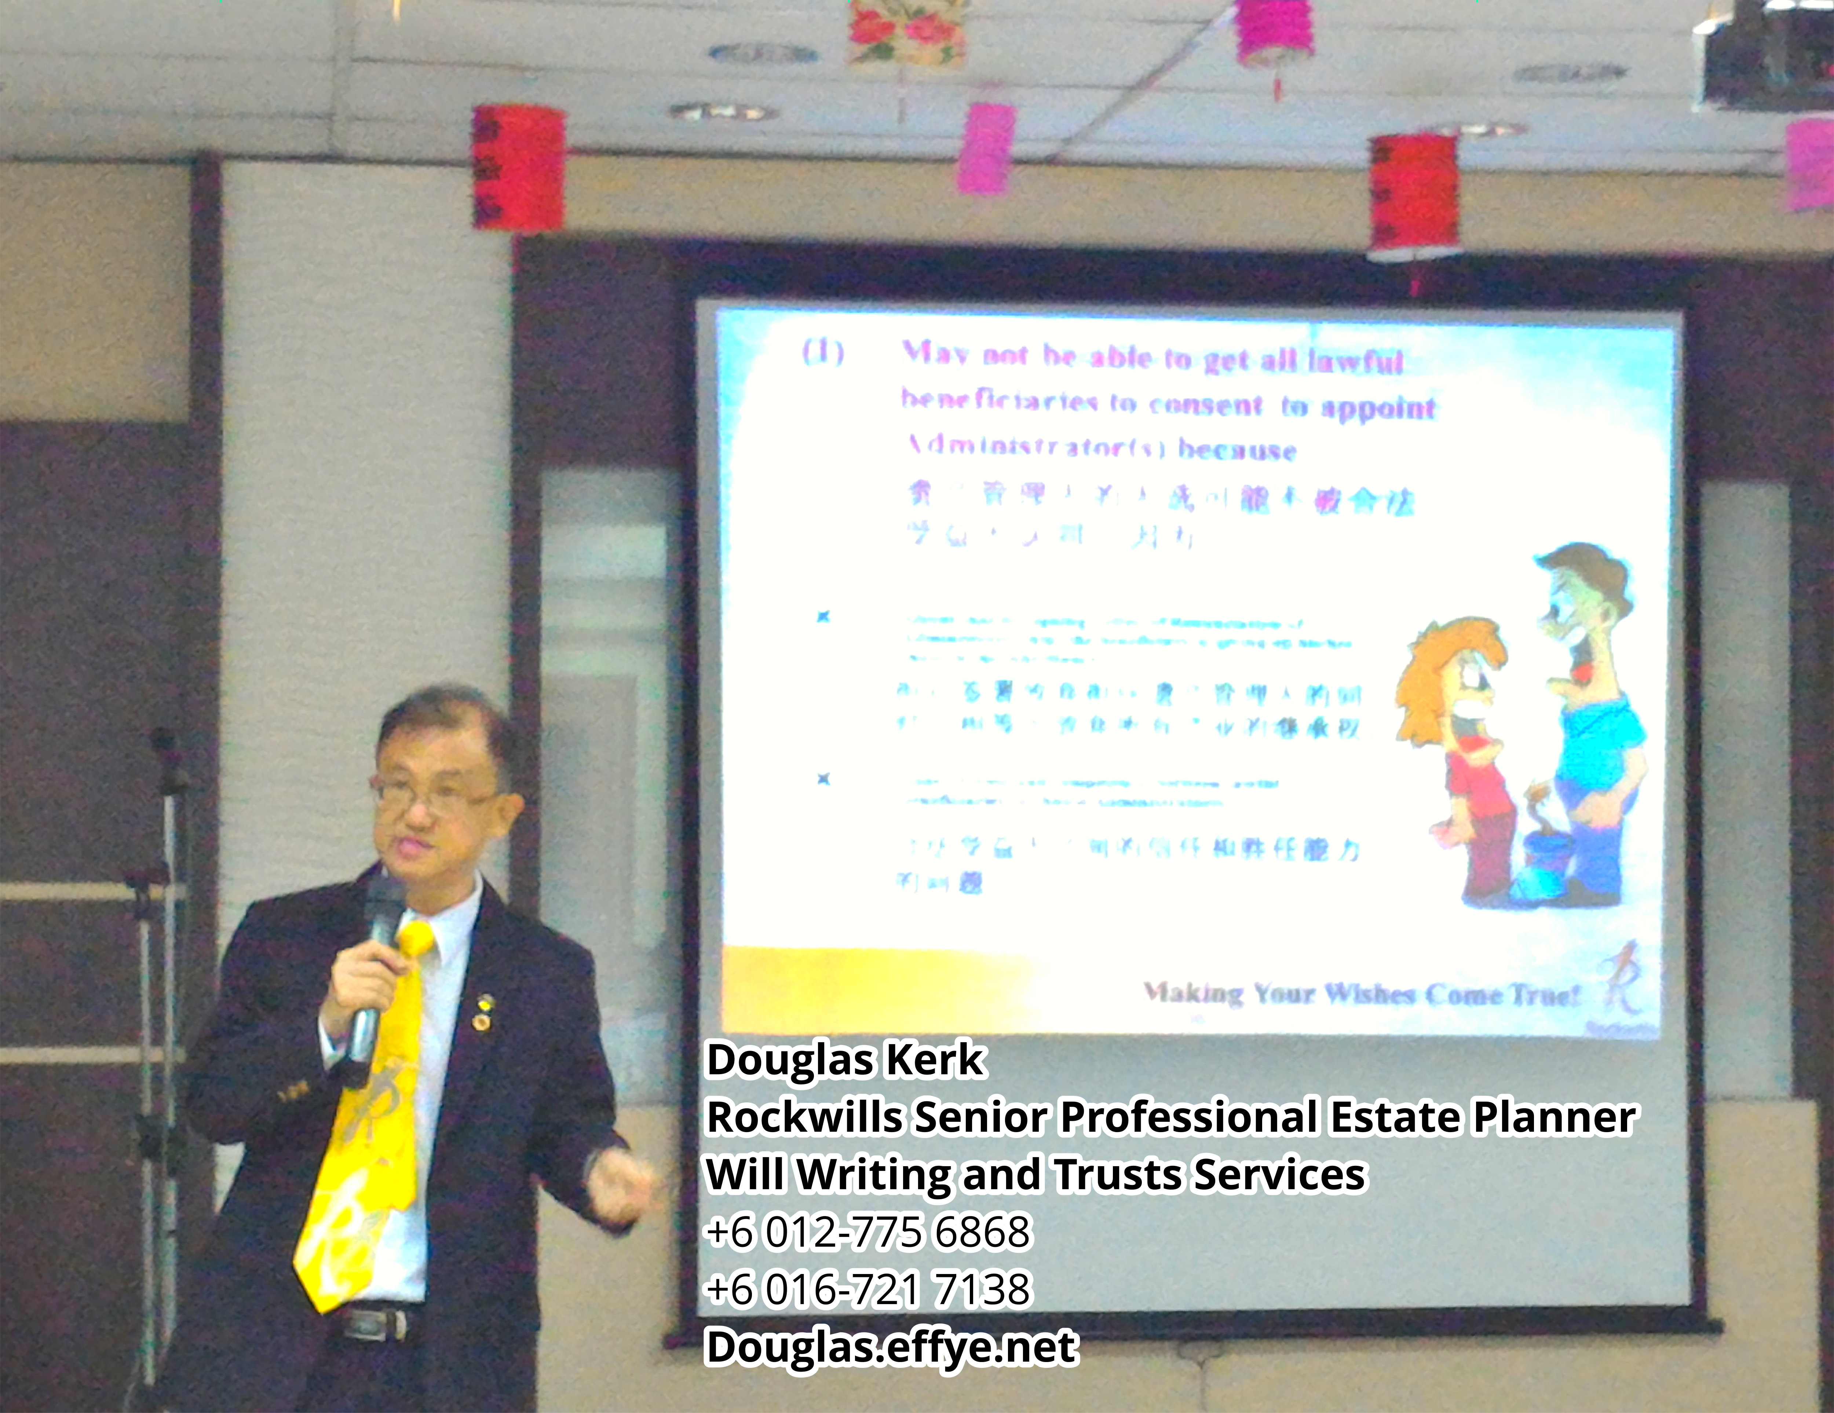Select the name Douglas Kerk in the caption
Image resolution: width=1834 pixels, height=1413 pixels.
click(844, 1059)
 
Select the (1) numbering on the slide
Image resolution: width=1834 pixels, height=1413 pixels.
click(823, 353)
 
